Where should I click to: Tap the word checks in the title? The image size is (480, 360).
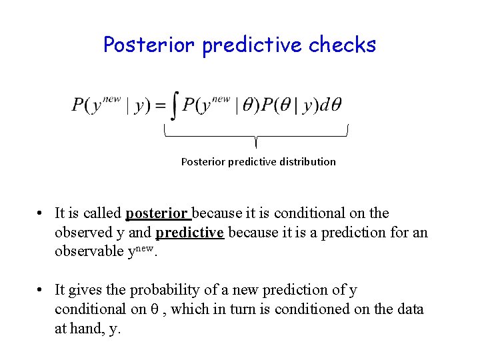(x=343, y=45)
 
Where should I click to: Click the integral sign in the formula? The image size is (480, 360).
(x=174, y=107)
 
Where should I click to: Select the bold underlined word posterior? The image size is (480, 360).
(x=157, y=214)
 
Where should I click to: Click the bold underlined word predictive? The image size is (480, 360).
(x=189, y=233)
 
